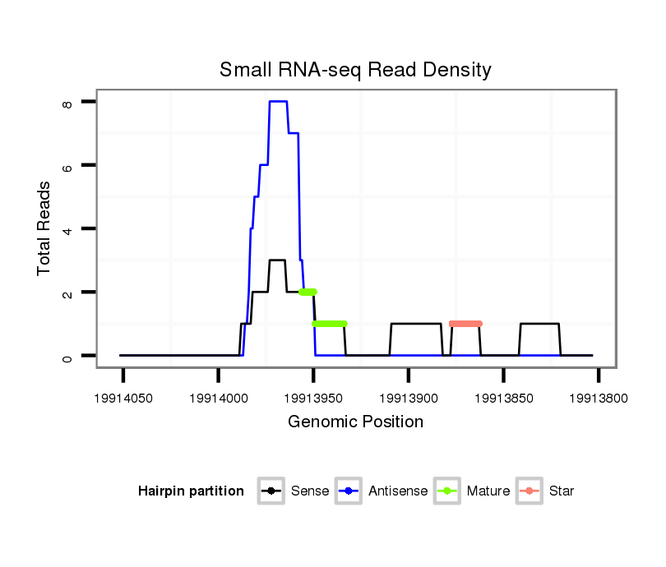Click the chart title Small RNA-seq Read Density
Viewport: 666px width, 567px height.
355,70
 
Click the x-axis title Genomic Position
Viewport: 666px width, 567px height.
355,422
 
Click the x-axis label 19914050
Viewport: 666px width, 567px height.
123,398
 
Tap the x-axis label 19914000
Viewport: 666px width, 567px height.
218,398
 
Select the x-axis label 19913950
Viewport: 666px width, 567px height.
313,398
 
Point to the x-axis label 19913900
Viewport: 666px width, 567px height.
409,398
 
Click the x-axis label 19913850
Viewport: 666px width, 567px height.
503,398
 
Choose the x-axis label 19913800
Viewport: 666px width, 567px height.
599,398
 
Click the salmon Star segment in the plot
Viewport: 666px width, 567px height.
465,324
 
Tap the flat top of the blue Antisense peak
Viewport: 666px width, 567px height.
278,101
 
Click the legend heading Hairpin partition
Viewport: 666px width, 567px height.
191,491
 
